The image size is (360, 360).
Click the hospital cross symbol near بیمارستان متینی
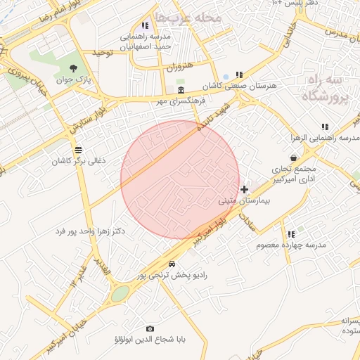pyautogui.click(x=244, y=189)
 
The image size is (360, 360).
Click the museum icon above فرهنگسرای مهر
pyautogui.click(x=181, y=91)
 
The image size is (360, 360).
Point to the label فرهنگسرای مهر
pyautogui.click(x=181, y=102)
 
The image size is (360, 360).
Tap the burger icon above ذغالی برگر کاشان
pyautogui.click(x=77, y=150)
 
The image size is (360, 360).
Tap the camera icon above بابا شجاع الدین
pyautogui.click(x=150, y=328)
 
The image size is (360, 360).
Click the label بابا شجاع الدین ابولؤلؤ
pyautogui.click(x=150, y=340)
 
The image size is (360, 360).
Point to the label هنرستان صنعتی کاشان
pyautogui.click(x=239, y=85)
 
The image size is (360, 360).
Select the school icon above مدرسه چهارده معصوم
pyautogui.click(x=290, y=233)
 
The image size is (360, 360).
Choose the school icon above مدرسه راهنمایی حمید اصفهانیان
pyautogui.click(x=146, y=26)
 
